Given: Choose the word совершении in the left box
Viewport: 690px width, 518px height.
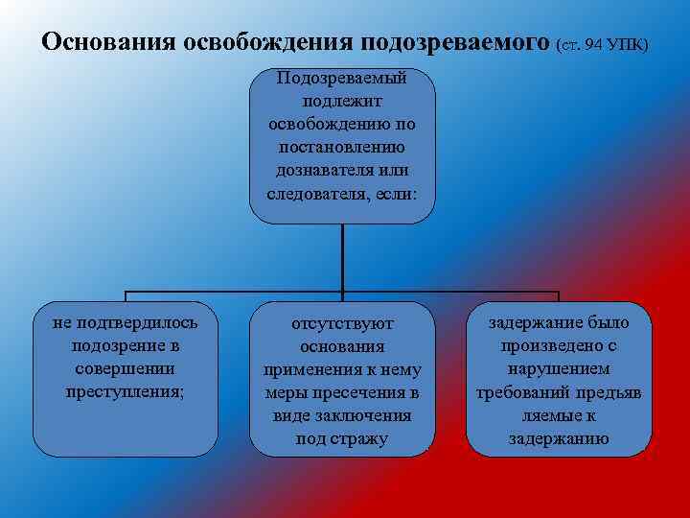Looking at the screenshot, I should click(125, 368).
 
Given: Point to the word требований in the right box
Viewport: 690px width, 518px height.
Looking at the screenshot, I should click(536, 393).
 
